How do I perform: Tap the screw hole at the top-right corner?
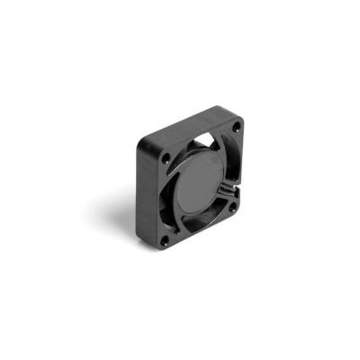pyautogui.click(x=237, y=128)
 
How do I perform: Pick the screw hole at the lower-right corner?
pyautogui.click(x=231, y=206)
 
